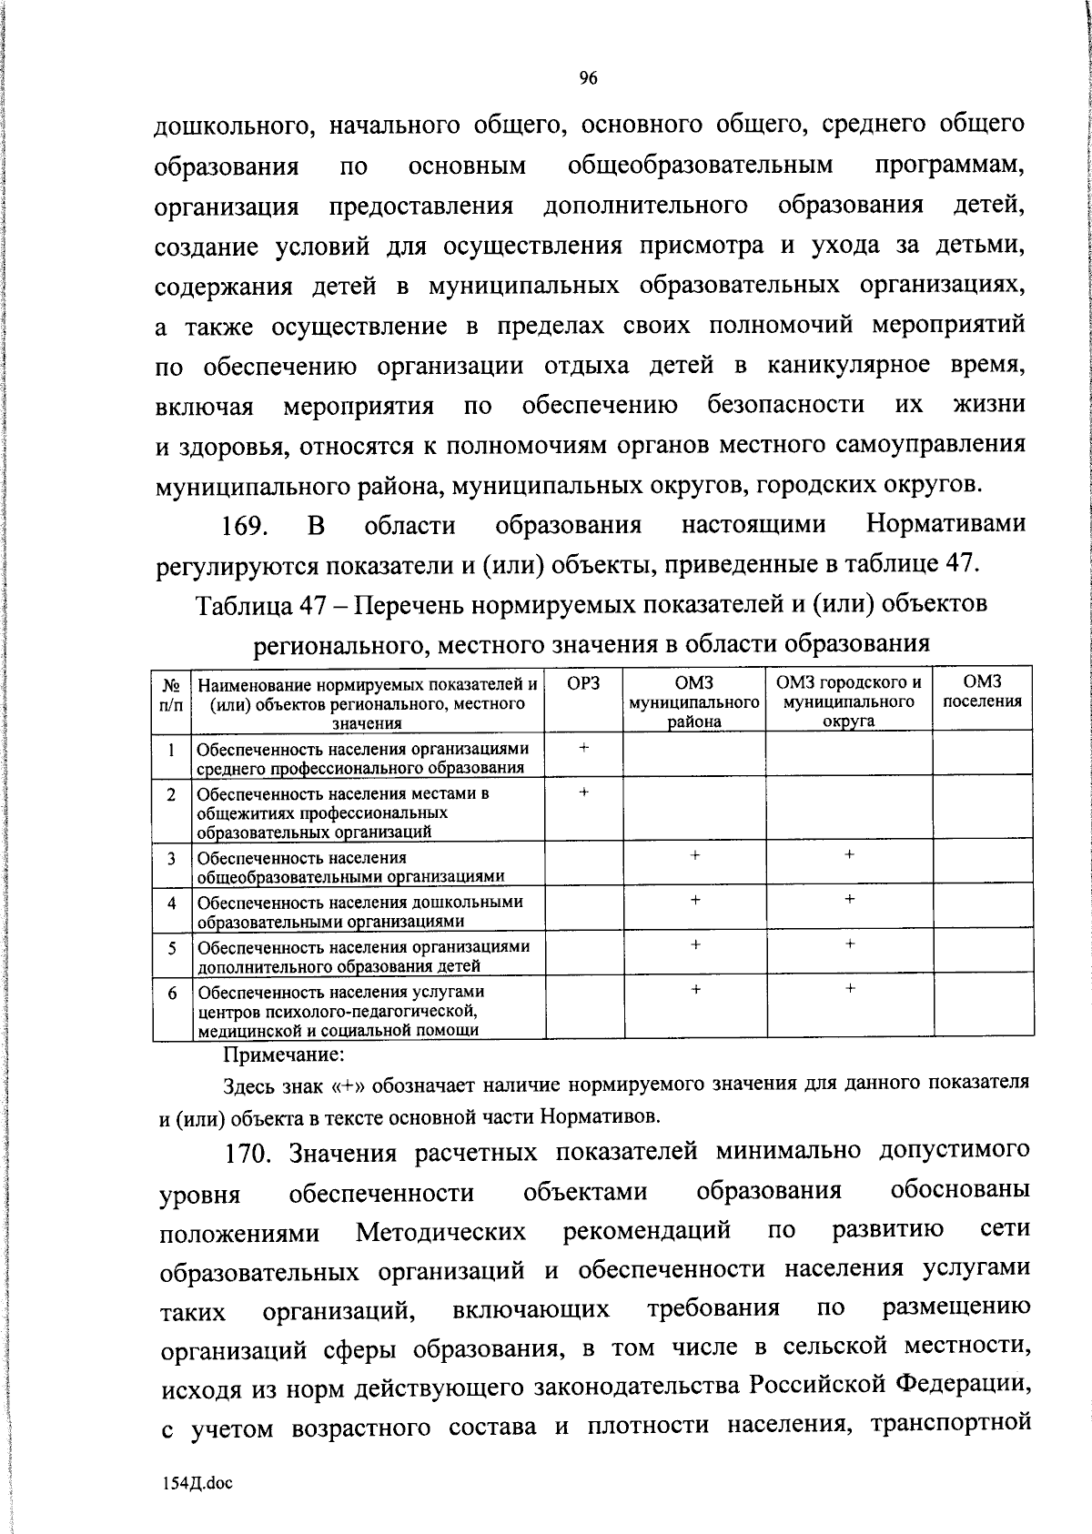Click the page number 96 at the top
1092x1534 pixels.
click(588, 79)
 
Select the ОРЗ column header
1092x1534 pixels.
click(583, 682)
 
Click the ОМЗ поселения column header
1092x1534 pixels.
click(982, 691)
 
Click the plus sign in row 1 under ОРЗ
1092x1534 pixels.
click(583, 747)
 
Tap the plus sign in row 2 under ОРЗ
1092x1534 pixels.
click(583, 792)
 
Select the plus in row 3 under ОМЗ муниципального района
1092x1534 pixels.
click(694, 855)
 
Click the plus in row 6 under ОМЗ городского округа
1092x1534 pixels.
click(849, 987)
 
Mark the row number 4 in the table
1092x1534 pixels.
click(171, 903)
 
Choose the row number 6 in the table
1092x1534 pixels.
click(171, 993)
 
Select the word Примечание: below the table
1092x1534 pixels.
click(284, 1055)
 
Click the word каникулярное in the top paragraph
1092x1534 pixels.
click(835, 366)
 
